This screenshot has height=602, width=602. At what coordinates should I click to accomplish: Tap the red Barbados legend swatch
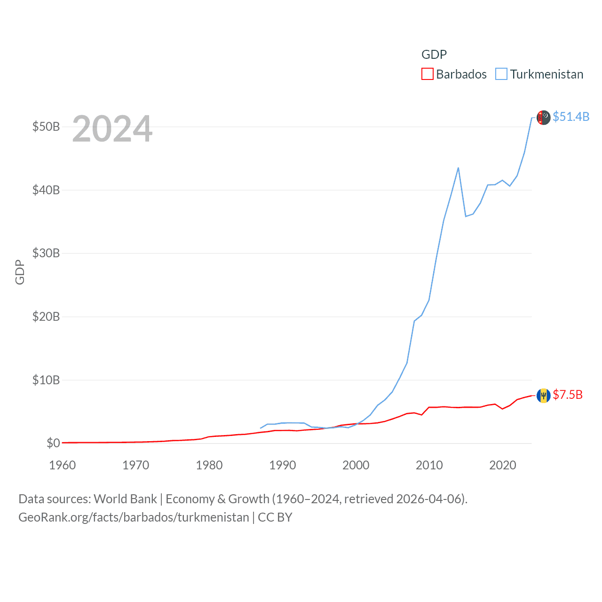tap(427, 74)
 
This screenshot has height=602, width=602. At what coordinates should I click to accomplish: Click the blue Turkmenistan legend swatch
tap(501, 74)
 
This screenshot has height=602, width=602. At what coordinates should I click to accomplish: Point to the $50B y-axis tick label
tap(46, 127)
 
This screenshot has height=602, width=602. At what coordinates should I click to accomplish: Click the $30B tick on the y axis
tap(46, 253)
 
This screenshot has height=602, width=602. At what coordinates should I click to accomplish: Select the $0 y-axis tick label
tap(53, 443)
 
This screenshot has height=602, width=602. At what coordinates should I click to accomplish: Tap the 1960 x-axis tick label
tap(63, 465)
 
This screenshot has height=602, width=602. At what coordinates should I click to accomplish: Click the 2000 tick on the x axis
tap(356, 465)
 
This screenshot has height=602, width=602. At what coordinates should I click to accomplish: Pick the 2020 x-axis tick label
tap(503, 465)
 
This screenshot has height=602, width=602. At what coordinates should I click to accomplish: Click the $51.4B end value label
tap(571, 117)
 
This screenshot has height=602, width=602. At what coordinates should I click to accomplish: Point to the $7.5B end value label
tap(568, 395)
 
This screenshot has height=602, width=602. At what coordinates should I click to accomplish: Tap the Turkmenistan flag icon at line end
tap(544, 118)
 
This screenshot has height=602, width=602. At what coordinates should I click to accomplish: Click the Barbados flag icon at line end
tap(544, 396)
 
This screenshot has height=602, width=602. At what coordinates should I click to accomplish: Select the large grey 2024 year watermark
tap(112, 129)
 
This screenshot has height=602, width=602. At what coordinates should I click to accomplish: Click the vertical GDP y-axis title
tap(20, 272)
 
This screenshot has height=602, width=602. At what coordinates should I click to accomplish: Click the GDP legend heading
tap(434, 55)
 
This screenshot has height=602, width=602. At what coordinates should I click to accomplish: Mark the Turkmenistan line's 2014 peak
tap(458, 168)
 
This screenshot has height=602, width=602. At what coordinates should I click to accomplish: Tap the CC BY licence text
tap(275, 517)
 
